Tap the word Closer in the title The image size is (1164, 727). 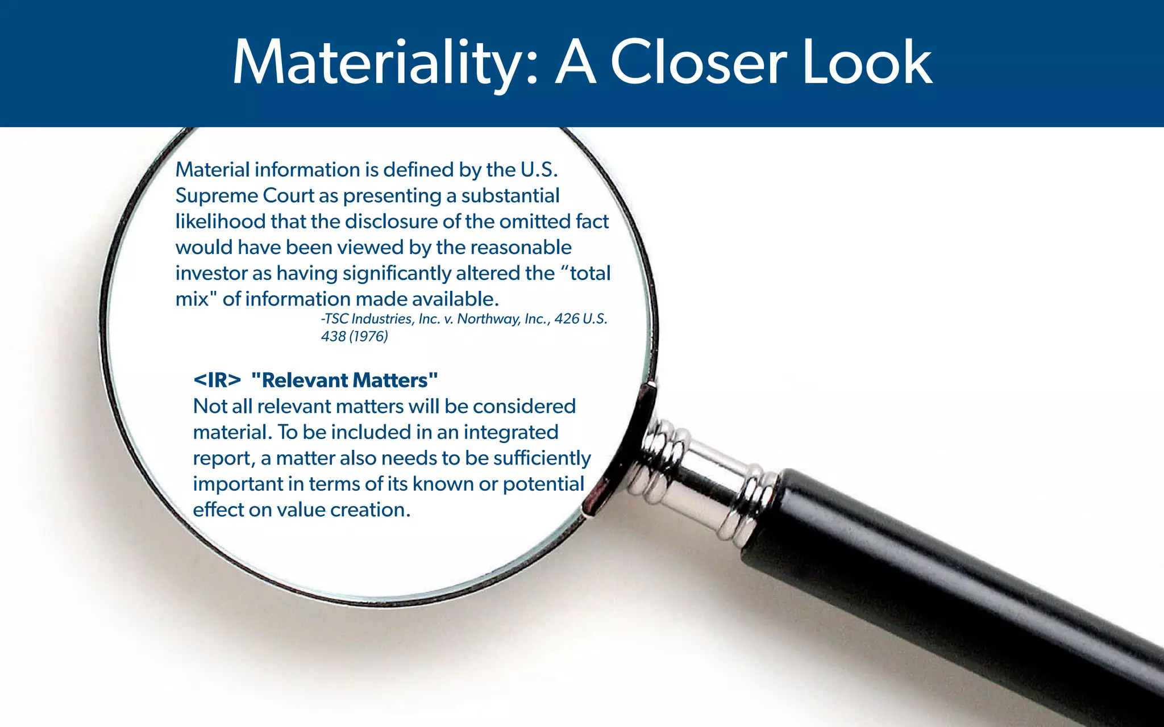pos(699,62)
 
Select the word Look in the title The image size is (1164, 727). pos(867,62)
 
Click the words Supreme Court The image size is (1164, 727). pos(244,196)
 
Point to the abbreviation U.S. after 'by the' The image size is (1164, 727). pos(539,170)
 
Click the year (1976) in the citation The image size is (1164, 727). pos(368,337)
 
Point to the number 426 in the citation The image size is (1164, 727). pos(567,319)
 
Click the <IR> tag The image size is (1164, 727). pos(217,381)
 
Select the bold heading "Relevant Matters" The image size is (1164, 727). pos(344,381)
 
